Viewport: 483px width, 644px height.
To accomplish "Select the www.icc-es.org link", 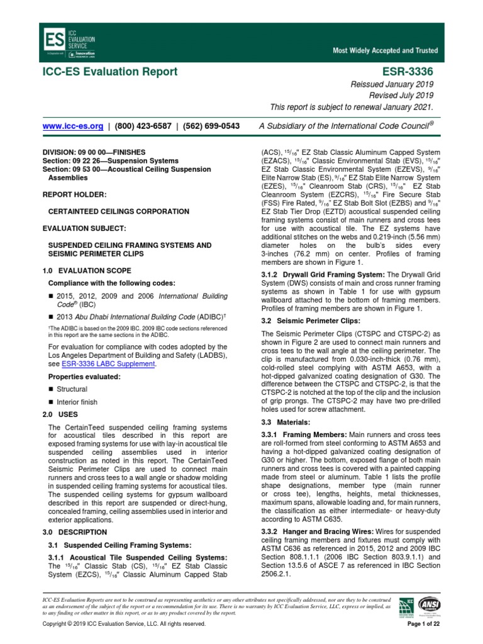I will [x=72, y=126].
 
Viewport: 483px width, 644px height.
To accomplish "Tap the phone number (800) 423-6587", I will [x=143, y=126].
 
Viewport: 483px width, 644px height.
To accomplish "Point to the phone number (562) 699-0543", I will [x=210, y=126].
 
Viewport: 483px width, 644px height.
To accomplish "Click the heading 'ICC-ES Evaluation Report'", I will [x=109, y=72].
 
